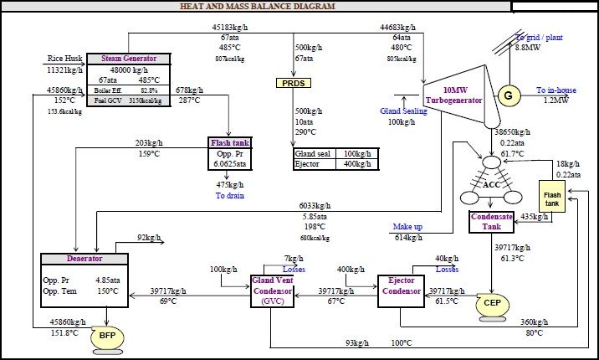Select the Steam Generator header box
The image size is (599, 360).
(x=128, y=59)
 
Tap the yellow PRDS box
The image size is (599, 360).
(x=293, y=83)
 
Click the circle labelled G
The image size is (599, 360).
(x=508, y=95)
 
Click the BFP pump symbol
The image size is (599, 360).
(x=107, y=335)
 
